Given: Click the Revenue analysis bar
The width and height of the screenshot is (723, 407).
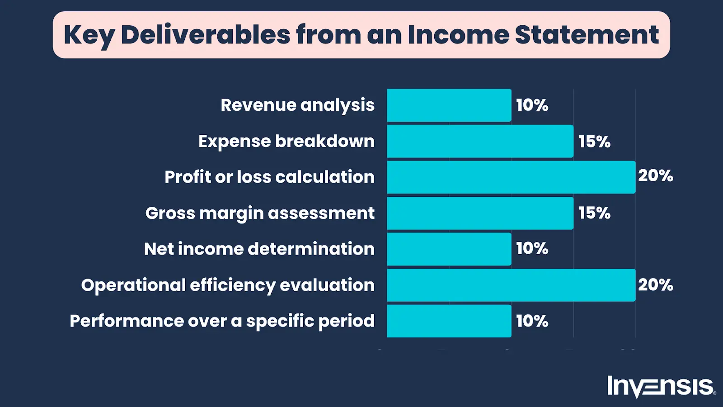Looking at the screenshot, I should (x=449, y=105).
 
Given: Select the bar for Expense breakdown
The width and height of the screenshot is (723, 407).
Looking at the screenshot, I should (x=480, y=141).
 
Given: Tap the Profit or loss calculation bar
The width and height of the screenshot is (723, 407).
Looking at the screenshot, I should (x=511, y=177).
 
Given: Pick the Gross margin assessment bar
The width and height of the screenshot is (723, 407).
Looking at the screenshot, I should (x=480, y=213).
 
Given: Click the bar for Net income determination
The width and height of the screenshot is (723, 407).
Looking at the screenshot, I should (x=449, y=249).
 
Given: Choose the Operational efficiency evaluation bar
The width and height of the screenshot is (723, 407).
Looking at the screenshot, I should (x=511, y=285).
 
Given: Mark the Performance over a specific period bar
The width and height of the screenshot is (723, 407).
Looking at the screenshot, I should (x=449, y=321).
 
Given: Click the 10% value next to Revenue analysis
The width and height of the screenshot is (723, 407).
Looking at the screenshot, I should (x=532, y=105).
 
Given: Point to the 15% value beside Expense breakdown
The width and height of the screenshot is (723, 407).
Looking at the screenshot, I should (x=594, y=142).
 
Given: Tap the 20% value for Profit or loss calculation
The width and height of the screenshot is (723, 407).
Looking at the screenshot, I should (x=655, y=175).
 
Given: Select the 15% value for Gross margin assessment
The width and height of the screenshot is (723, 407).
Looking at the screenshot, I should (x=594, y=213).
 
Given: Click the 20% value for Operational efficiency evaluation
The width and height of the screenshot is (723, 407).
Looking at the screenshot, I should (x=655, y=285).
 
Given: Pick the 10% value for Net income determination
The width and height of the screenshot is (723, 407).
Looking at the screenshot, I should (x=532, y=248).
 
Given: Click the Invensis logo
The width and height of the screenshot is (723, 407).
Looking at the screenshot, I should (x=661, y=387).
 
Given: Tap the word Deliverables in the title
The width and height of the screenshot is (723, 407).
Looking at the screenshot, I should (x=206, y=35).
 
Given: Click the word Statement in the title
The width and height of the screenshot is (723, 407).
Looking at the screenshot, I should (x=587, y=35).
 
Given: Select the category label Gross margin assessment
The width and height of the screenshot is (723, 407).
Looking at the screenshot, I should (x=260, y=213).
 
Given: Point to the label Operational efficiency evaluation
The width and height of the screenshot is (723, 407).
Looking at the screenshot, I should (x=228, y=285).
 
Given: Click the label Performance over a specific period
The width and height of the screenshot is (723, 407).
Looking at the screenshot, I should (x=222, y=321).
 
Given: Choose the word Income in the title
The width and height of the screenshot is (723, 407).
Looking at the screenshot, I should (x=458, y=35).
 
